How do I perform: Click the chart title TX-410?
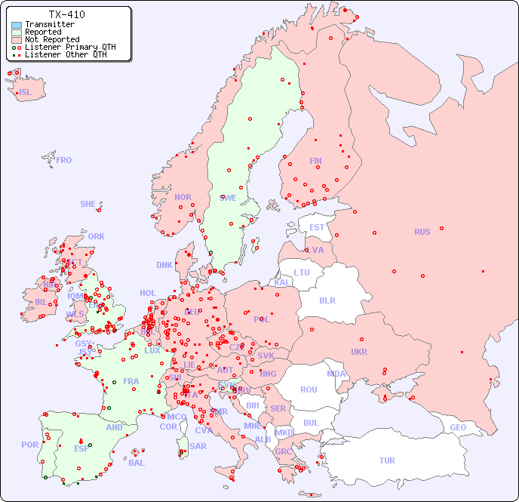(x=66, y=14)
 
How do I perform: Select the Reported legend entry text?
(x=43, y=32)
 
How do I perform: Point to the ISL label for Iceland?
(x=26, y=93)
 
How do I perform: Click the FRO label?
(x=64, y=160)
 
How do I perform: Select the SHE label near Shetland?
(x=88, y=204)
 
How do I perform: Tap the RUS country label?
(x=422, y=232)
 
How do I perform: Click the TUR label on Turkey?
(x=387, y=460)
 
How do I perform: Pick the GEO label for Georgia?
(x=458, y=427)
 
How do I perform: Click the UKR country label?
(x=359, y=352)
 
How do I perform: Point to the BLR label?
(x=327, y=300)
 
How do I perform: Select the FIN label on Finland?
(x=315, y=161)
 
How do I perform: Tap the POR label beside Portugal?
(x=29, y=445)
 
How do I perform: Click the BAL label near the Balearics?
(x=137, y=463)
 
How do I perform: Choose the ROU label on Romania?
(x=309, y=390)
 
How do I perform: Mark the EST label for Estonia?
(x=317, y=227)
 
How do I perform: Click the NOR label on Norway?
(x=183, y=197)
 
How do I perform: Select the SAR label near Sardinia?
(x=198, y=446)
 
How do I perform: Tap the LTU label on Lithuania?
(x=302, y=273)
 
